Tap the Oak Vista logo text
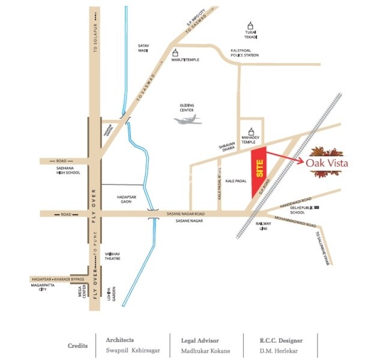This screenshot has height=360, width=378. click(326, 163)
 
